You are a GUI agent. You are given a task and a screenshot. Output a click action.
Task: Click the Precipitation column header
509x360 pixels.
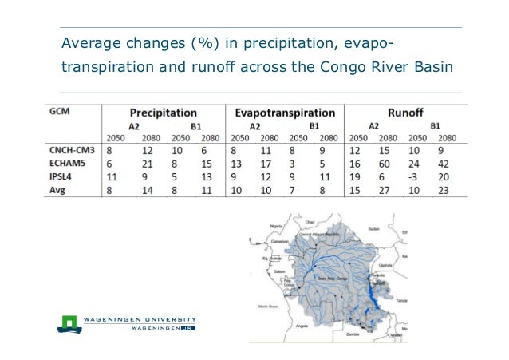click(x=163, y=113)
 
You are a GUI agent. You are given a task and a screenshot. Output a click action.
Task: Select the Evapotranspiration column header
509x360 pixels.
click(x=285, y=113)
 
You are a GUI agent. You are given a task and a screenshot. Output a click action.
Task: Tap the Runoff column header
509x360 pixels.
click(x=408, y=113)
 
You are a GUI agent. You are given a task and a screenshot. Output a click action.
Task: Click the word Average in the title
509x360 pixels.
click(x=90, y=42)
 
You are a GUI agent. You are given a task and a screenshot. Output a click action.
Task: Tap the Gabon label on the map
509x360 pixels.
click(x=278, y=271)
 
